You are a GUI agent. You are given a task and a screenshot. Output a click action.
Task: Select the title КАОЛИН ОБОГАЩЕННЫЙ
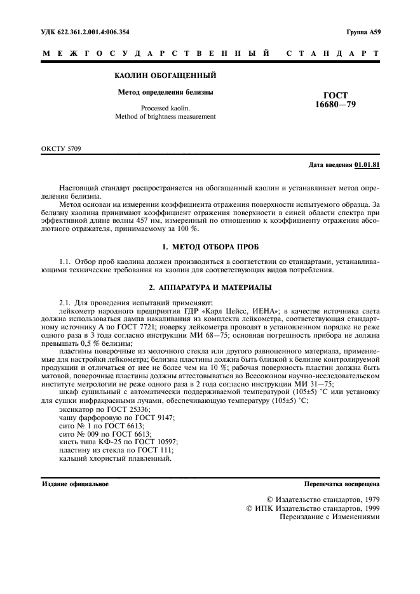point(165,76)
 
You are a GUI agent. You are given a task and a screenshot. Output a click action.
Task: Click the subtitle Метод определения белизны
point(165,92)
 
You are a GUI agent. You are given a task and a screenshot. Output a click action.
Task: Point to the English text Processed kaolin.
point(165,108)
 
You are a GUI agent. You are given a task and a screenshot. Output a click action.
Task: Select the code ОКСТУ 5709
point(61,150)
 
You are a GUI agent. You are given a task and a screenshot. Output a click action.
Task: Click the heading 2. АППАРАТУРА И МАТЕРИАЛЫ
point(210,287)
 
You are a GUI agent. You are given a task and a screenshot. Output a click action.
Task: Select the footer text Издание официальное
point(75,484)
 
